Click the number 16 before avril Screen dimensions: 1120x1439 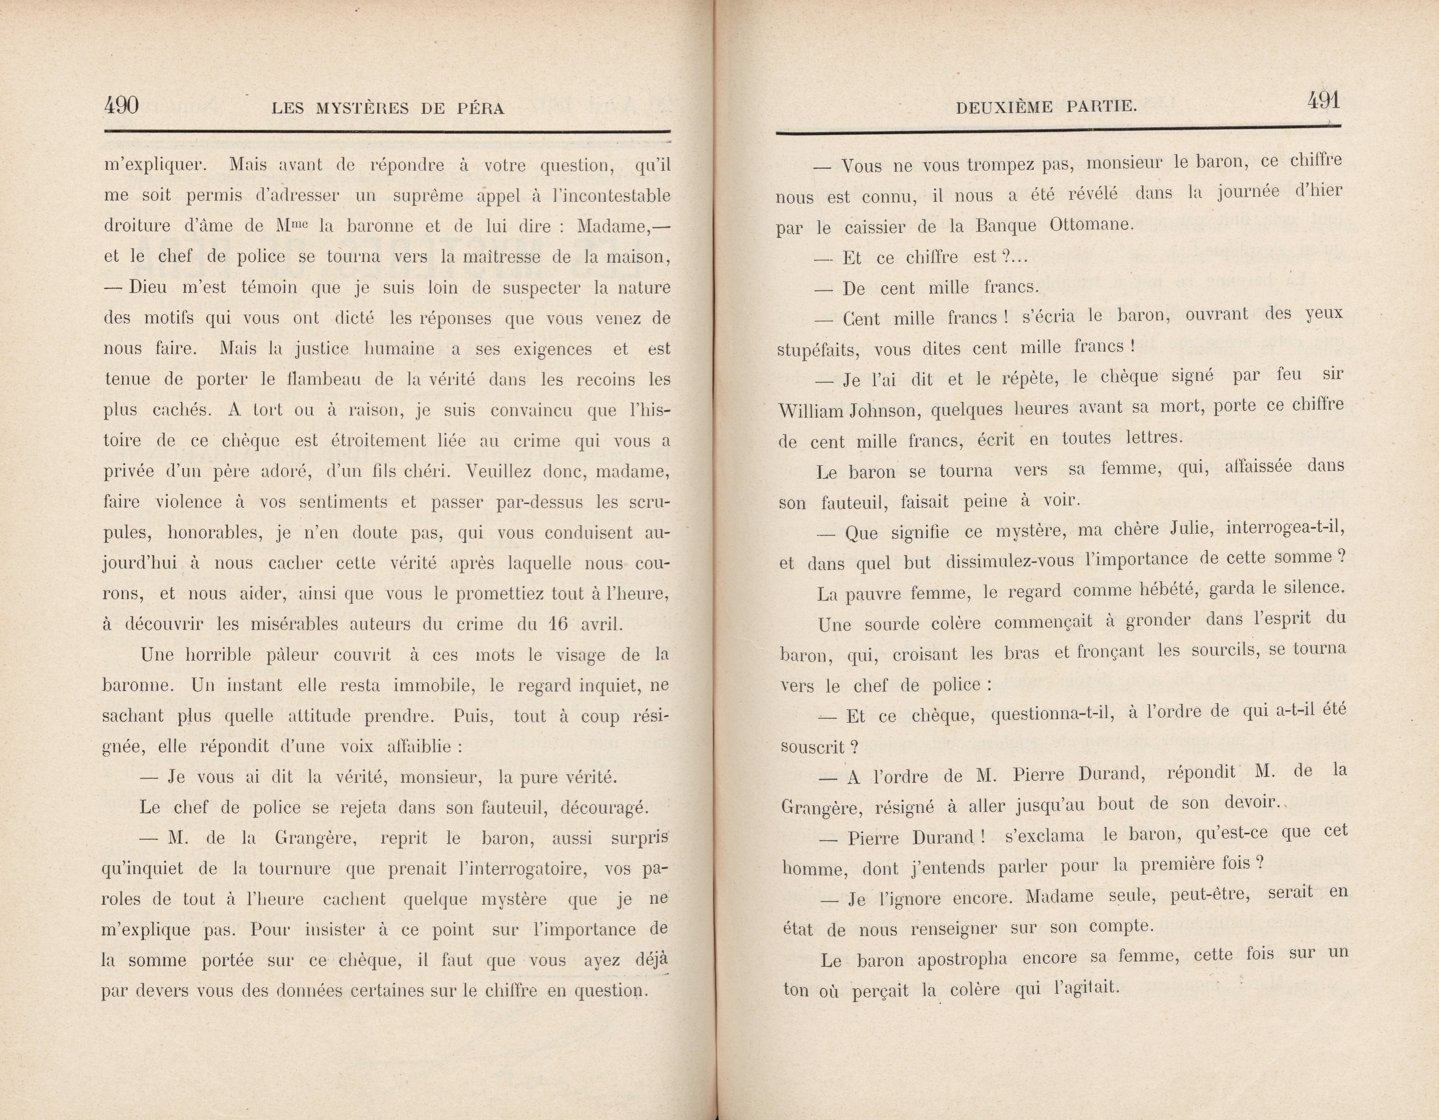click(x=558, y=624)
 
